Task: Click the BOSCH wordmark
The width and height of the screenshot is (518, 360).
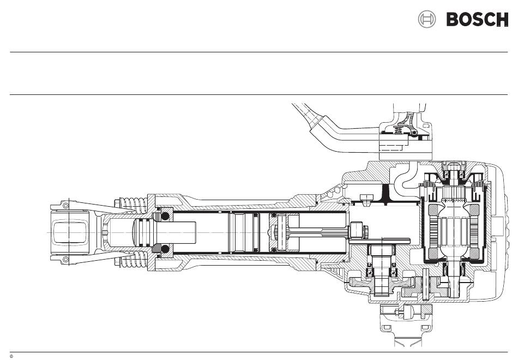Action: click(477, 19)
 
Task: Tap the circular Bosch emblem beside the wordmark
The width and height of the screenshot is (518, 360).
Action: click(427, 19)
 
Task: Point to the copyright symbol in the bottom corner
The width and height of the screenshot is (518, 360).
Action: click(11, 356)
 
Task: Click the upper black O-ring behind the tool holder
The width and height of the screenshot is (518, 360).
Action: click(165, 217)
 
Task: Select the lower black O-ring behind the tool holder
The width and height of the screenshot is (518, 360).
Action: click(165, 249)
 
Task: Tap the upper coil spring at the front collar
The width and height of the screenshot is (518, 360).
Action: click(133, 205)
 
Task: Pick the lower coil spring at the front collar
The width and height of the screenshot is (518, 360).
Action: click(133, 260)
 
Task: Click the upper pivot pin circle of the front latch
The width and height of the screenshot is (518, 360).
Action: click(65, 206)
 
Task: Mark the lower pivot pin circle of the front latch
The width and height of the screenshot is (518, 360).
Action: click(65, 259)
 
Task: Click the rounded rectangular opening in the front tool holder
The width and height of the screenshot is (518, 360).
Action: click(70, 232)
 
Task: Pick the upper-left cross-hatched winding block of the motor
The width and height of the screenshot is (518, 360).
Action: click(433, 209)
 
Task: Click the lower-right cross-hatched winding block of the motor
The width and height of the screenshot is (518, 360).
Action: click(474, 253)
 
